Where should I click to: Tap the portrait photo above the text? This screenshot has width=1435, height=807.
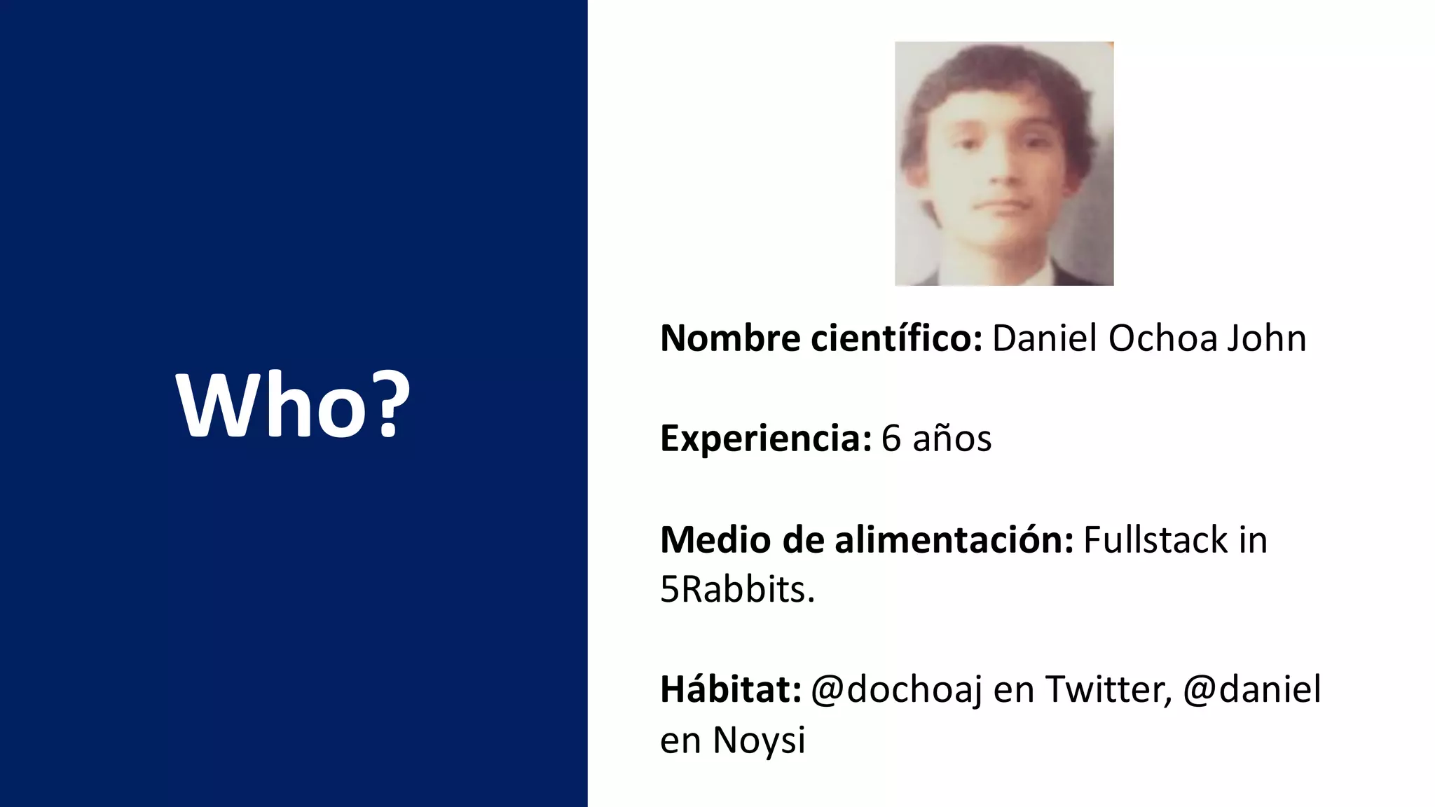tap(1003, 163)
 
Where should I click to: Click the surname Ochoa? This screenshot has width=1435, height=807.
tap(1163, 338)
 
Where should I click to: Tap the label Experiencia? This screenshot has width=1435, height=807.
tap(766, 439)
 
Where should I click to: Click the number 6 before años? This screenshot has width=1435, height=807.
tap(891, 439)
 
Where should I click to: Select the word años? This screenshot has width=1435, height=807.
tap(952, 439)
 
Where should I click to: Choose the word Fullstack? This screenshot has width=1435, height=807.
tap(1155, 540)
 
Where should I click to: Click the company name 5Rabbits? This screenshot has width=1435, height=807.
tap(737, 589)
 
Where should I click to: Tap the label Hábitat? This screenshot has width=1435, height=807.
tap(731, 689)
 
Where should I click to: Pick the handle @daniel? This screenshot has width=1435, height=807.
tap(1252, 689)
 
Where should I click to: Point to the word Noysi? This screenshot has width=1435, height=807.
tap(759, 740)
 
